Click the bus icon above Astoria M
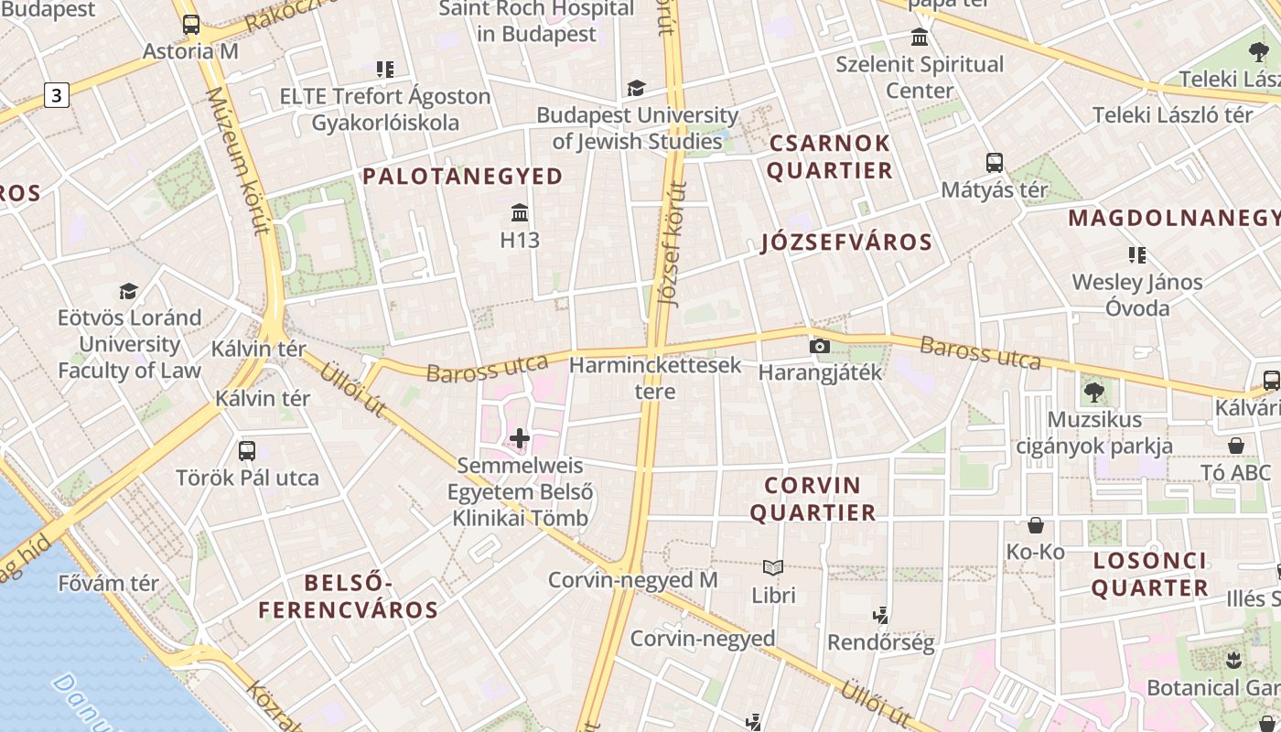coord(190,25)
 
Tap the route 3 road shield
coord(57,94)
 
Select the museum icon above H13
coord(520,213)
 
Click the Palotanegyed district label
coord(463,177)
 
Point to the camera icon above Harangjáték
coord(820,346)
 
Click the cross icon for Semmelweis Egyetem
coord(520,439)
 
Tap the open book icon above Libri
coord(773,568)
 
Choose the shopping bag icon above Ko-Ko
coord(1036,525)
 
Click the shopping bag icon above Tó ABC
coord(1236,446)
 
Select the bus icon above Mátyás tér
coord(995,163)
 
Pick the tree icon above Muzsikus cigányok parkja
coord(1093,393)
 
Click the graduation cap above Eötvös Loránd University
coord(129,291)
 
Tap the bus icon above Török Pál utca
coord(247,450)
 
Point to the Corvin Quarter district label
coord(813,499)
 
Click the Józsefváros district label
coord(846,242)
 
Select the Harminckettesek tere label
coord(655,378)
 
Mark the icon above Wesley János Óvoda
coord(1137,254)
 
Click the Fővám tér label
coord(109,583)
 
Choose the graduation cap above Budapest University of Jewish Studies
coord(636,88)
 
